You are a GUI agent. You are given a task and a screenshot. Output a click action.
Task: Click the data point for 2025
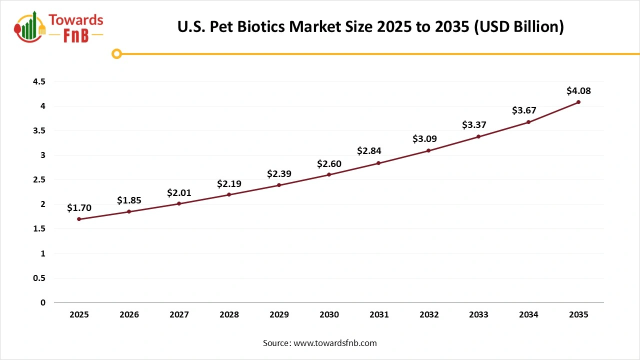(79, 219)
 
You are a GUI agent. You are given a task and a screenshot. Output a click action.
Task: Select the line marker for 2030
(329, 174)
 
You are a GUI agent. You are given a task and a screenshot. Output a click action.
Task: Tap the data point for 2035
(578, 102)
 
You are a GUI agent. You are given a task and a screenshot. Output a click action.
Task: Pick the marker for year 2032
(428, 150)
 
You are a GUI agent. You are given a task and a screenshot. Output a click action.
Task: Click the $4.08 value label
(578, 91)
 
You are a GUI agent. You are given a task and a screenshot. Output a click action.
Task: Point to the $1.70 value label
(79, 208)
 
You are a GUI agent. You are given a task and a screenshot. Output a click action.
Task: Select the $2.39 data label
(279, 174)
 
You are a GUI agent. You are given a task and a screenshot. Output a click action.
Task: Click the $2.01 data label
(179, 192)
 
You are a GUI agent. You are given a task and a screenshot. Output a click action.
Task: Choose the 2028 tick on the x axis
(229, 315)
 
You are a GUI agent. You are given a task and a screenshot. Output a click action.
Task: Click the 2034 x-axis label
(528, 315)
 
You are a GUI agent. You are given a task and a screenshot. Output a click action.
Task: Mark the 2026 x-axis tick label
(129, 315)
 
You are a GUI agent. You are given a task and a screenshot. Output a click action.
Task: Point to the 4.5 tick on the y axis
(39, 81)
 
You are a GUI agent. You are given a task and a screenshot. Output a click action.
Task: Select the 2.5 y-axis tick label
(39, 179)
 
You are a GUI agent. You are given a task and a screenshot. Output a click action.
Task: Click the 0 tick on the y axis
(42, 302)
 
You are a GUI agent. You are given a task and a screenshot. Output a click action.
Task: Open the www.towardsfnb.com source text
(334, 343)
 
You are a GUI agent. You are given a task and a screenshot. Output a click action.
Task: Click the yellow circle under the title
(116, 53)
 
